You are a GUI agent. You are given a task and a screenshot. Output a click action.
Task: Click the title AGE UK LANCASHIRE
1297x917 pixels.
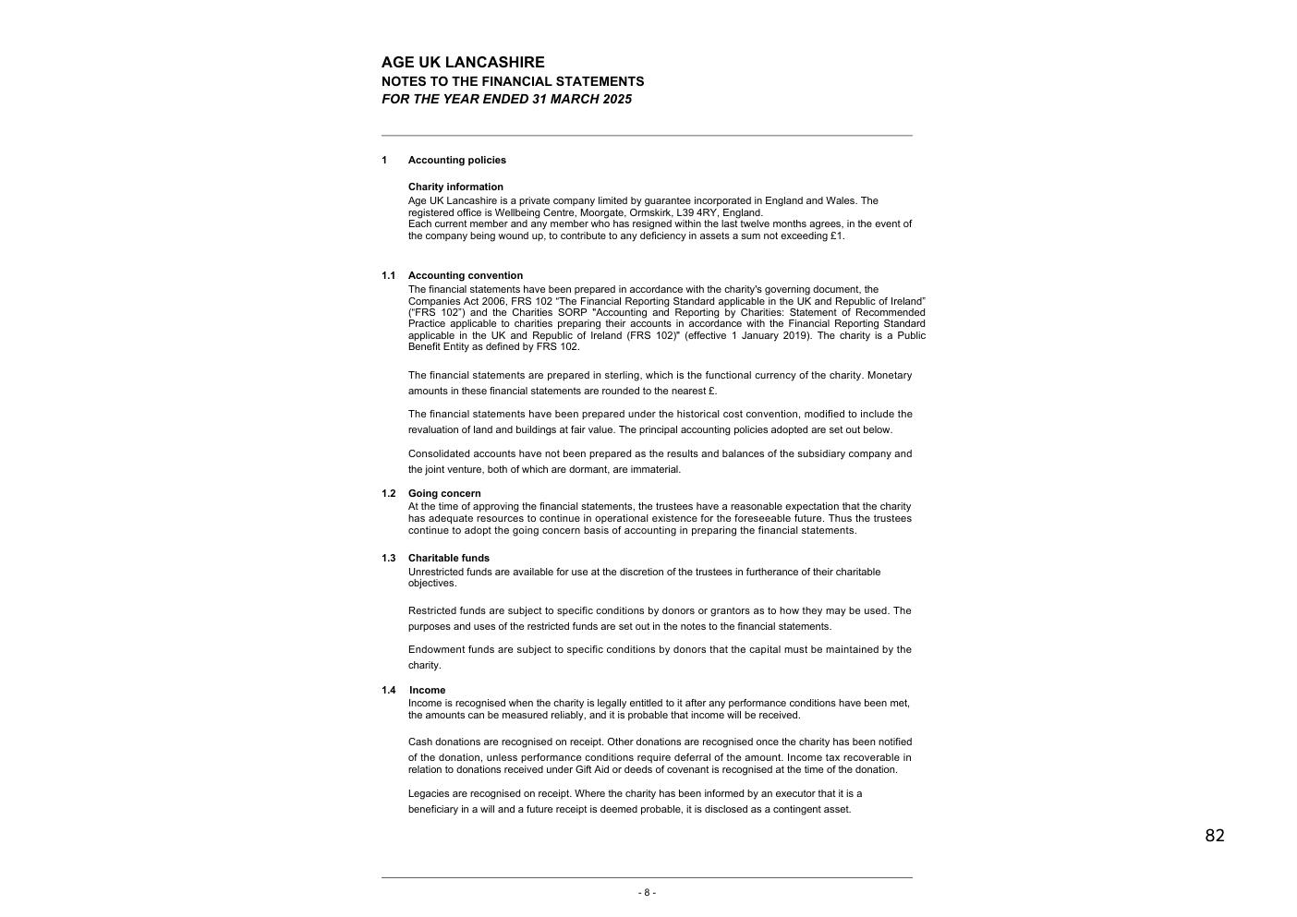pos(463,63)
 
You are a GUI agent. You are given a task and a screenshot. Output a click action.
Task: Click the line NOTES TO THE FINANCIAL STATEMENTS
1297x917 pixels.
pos(513,81)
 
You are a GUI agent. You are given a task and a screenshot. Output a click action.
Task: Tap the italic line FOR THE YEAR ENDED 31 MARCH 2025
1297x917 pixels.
pos(506,99)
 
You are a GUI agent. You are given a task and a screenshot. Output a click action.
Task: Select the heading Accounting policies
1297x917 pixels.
pos(456,160)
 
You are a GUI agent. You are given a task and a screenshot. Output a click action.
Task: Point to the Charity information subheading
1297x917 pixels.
pos(455,187)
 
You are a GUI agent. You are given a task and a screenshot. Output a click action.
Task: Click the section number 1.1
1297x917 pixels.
pos(388,275)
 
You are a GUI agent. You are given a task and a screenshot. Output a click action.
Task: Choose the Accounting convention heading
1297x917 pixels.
pos(465,275)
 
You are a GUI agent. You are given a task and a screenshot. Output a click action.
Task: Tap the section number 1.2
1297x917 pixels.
pos(388,493)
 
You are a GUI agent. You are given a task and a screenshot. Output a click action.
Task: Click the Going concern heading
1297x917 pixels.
pos(444,493)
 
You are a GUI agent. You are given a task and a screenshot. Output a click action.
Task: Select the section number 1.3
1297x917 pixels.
pos(388,558)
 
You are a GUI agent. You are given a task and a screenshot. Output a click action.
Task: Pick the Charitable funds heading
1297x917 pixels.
pos(449,558)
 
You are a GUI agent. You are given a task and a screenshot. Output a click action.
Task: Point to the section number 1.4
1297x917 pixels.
pos(388,690)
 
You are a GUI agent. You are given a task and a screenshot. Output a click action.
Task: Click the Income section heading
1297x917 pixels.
pos(427,690)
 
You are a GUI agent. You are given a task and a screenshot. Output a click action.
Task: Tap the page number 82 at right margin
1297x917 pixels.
pos(1214,836)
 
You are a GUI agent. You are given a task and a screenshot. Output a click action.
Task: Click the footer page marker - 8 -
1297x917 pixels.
pos(647,892)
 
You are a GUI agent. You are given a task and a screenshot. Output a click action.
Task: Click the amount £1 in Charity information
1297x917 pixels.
pos(836,235)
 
